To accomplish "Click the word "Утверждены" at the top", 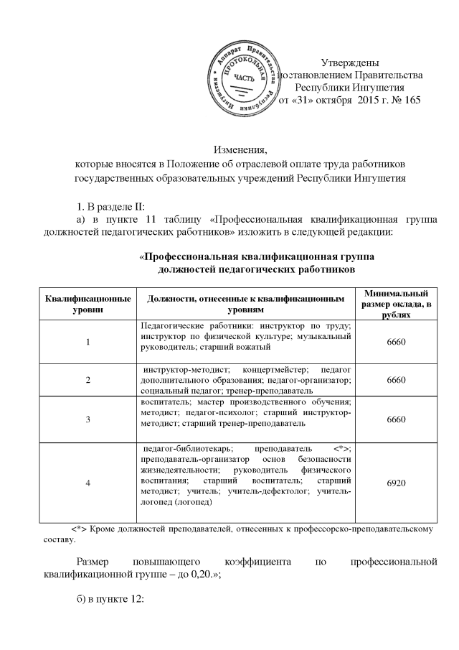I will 349,62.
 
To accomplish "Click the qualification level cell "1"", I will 87,341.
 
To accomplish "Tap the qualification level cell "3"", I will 87,419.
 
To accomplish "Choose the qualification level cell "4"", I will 87,483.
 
